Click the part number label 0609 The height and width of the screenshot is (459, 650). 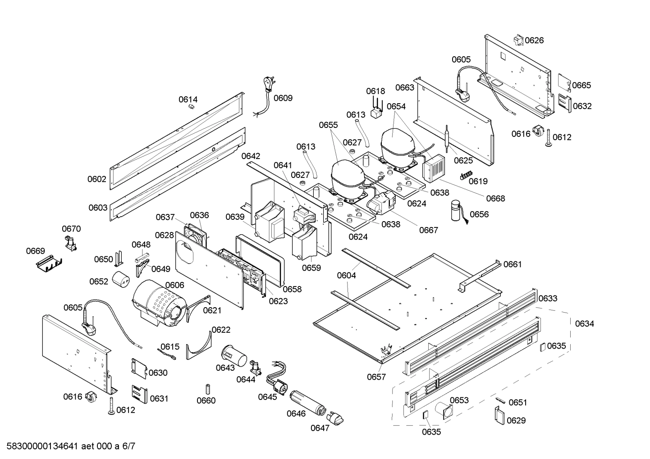coord(283,98)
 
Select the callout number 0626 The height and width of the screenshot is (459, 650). coord(535,40)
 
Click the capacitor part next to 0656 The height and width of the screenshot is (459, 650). coord(458,210)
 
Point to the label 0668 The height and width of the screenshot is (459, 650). coord(495,198)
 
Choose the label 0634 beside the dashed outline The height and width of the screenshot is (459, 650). coord(585,323)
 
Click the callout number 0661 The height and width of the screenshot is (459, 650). coord(513,264)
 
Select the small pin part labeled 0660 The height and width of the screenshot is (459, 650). coord(208,388)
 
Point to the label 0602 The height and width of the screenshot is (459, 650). coord(97,179)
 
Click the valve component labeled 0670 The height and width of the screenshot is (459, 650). coord(69,244)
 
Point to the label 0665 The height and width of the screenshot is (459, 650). coord(581,85)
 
